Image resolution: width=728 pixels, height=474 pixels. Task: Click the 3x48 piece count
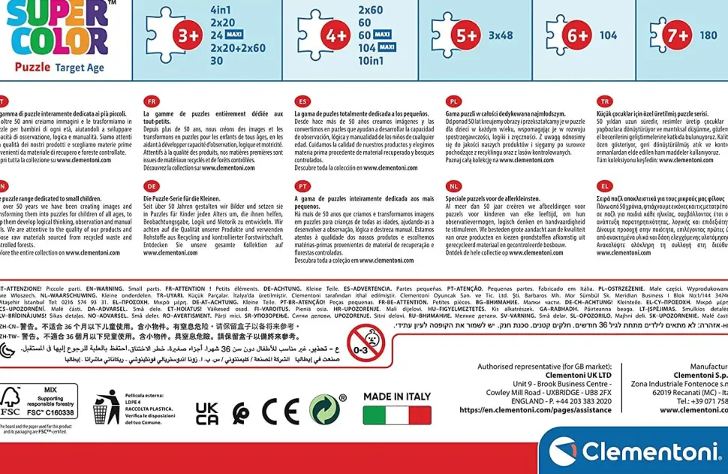[501, 35]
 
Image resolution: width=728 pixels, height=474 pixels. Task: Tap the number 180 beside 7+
[708, 35]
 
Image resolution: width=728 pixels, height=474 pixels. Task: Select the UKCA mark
[207, 412]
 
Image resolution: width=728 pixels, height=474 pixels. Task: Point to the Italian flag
[397, 415]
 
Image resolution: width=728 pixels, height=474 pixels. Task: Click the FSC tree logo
[11, 400]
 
